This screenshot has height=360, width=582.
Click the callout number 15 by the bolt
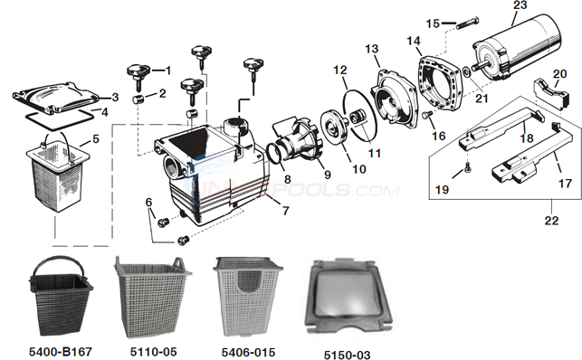433,22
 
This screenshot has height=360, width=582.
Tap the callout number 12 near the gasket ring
340,70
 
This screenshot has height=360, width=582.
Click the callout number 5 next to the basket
96,139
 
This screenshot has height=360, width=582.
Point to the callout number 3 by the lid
115,97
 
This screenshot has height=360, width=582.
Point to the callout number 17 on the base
564,183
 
